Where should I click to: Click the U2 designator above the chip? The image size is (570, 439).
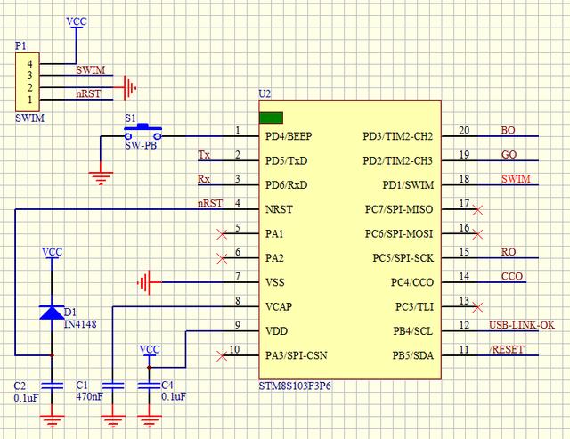pyautogui.click(x=264, y=93)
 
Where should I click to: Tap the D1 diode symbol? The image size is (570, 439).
pyautogui.click(x=53, y=312)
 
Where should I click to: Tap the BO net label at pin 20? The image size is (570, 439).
pyautogui.click(x=509, y=130)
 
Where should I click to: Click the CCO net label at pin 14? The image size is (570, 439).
pyautogui.click(x=512, y=277)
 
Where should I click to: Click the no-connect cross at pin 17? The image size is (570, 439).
pyautogui.click(x=478, y=210)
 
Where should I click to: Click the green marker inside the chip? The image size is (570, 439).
pyautogui.click(x=271, y=117)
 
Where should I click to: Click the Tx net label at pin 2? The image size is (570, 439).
pyautogui.click(x=204, y=155)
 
